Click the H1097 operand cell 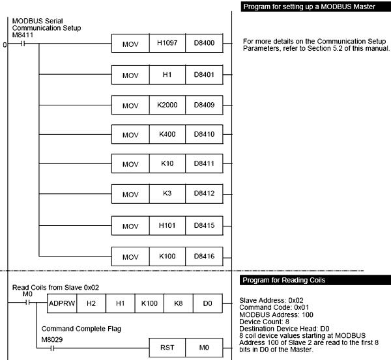(167, 45)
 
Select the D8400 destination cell (205, 45)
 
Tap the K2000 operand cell (167, 105)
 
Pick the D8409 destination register (205, 105)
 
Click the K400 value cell (167, 135)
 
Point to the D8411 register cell (205, 165)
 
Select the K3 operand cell (167, 195)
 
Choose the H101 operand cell (167, 225)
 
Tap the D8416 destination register (205, 256)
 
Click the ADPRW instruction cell (62, 303)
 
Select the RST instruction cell (167, 348)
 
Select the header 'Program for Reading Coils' (285, 280)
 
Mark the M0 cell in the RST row (205, 348)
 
